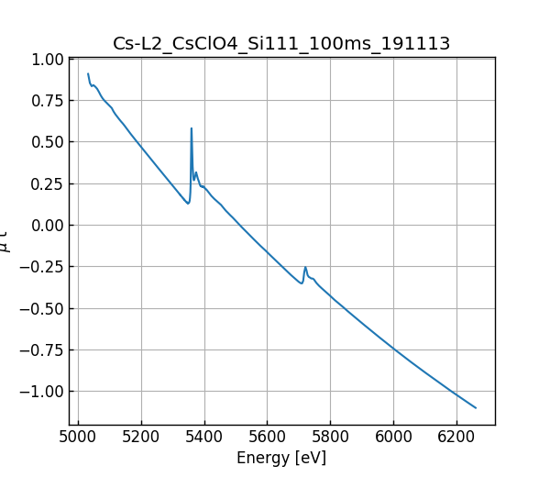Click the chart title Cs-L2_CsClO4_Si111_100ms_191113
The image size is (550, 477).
[281, 44]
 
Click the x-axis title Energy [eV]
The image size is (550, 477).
[281, 458]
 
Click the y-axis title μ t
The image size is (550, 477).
[6, 241]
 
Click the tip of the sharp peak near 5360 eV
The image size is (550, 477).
[192, 128]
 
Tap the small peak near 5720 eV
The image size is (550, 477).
[305, 267]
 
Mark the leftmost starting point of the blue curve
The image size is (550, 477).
[88, 73]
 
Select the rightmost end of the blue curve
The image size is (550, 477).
[476, 407]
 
